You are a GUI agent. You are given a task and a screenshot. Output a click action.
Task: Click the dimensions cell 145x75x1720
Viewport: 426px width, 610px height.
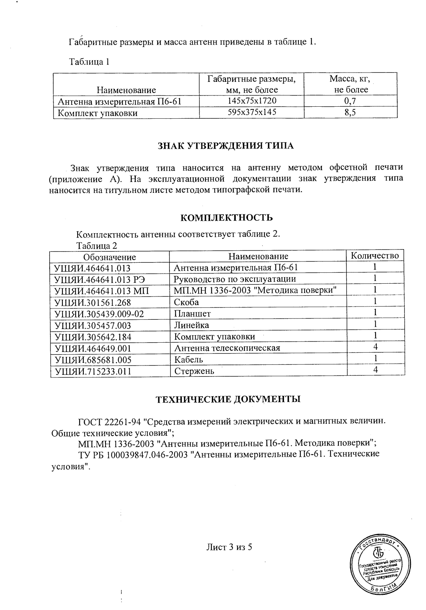pos(251,101)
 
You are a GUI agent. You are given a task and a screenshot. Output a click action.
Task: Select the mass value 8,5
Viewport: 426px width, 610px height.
pos(351,113)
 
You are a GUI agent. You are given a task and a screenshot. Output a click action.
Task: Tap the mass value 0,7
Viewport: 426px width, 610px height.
pos(351,101)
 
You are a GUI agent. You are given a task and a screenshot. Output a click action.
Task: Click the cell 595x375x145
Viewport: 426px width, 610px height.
pos(251,113)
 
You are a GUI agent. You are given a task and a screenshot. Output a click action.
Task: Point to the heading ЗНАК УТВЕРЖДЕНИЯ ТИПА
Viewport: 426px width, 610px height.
pos(225,146)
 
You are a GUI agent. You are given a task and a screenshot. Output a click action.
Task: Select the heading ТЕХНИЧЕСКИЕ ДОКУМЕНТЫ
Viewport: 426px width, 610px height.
pos(228,399)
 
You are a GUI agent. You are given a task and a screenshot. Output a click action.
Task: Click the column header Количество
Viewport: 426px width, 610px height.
pos(375,256)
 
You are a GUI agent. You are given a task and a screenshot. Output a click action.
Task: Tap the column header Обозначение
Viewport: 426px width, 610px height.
pos(110,257)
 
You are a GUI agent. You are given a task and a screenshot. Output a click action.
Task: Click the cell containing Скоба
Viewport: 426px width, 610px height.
pos(187,302)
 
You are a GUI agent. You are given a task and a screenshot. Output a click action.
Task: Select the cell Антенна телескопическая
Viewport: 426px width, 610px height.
pos(227,348)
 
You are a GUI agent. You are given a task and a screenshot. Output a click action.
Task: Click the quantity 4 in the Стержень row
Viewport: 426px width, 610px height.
pos(375,370)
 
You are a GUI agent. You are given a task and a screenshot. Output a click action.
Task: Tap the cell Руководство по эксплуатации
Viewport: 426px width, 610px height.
pos(235,279)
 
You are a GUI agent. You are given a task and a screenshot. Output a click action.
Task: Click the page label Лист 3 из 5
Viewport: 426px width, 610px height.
pos(229,547)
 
